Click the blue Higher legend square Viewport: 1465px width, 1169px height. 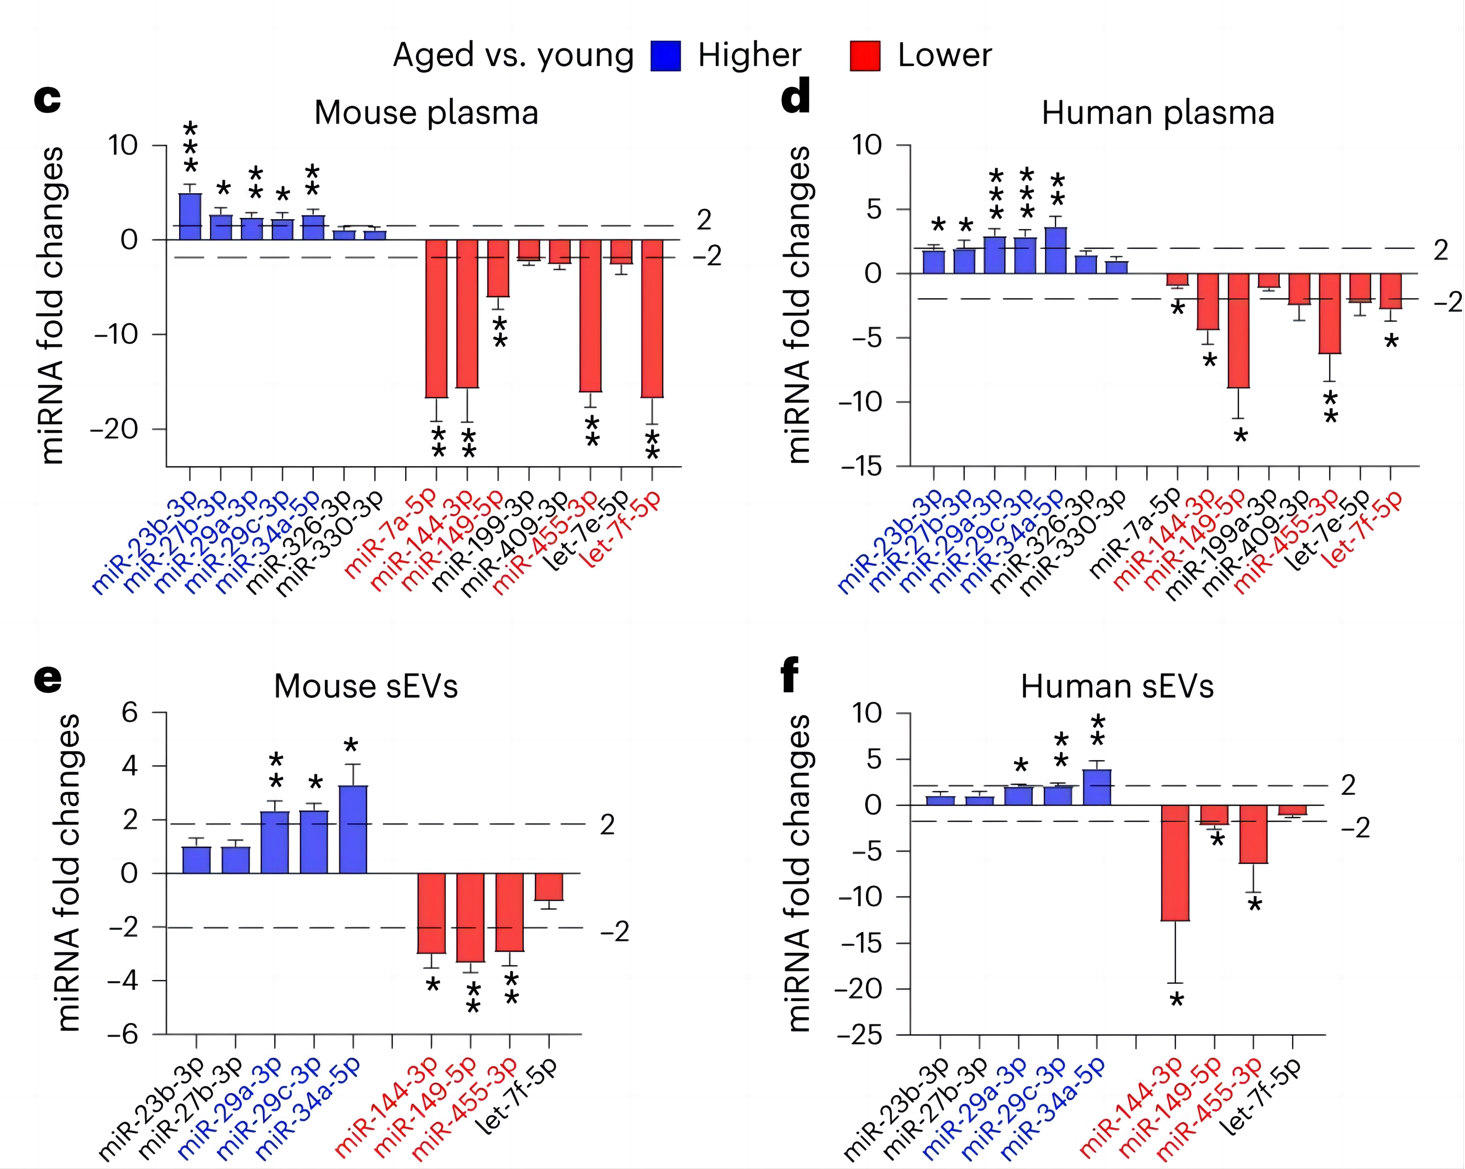(665, 56)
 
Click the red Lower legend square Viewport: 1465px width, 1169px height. (865, 56)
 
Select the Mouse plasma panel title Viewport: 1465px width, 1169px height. (426, 113)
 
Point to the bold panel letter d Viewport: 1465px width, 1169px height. (796, 99)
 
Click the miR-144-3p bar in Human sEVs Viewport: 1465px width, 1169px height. (1175, 863)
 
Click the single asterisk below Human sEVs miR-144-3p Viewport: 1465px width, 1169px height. (1176, 1000)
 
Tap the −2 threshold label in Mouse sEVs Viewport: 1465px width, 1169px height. (615, 931)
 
